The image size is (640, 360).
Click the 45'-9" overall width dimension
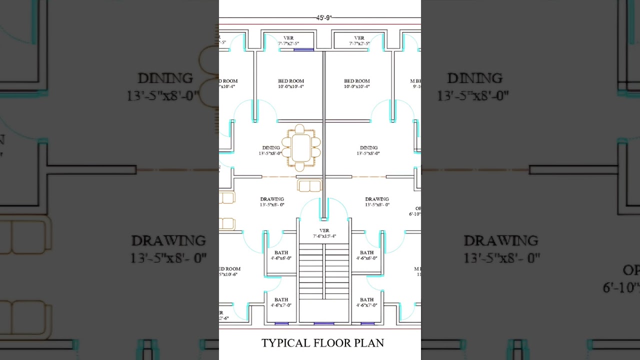pos(323,17)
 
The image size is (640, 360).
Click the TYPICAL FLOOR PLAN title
pos(322,343)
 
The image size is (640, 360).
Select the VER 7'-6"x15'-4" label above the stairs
pos(324,233)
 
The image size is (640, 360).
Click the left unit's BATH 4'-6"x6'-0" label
pos(281,255)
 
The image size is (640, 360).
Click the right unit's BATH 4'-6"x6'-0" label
pos(366,255)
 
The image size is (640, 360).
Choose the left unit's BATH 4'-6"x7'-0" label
pos(281,302)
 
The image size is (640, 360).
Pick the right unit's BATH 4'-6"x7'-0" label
pos(366,302)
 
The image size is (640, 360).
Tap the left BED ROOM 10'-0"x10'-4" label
pos(291,83)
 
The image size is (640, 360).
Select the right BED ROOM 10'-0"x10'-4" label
pos(357,83)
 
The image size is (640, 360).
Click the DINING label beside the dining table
pos(271,150)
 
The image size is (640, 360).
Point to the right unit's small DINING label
pos(368,150)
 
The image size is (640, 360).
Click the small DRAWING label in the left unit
pos(272,202)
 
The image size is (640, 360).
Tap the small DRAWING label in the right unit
pos(377,202)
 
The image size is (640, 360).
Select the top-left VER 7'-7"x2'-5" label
pos(288,40)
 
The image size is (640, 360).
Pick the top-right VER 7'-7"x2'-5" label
pos(359,40)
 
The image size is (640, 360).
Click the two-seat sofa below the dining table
pos(309,186)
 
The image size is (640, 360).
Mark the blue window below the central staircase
pos(324,323)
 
